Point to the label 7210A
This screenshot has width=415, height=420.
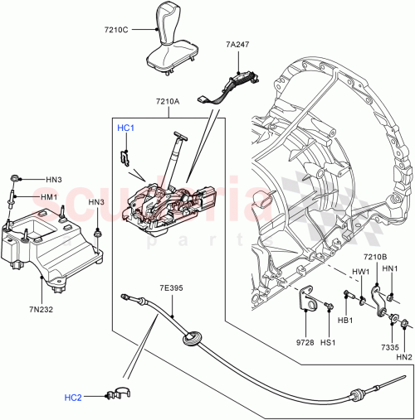click(x=166, y=103)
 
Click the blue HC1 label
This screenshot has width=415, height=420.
click(x=125, y=128)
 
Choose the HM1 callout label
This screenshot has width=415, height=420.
click(x=51, y=197)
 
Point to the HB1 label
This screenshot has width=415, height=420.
click(x=348, y=321)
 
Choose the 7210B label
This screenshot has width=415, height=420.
click(x=375, y=258)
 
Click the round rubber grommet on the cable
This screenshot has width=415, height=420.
click(x=193, y=338)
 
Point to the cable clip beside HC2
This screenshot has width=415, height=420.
click(x=120, y=393)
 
